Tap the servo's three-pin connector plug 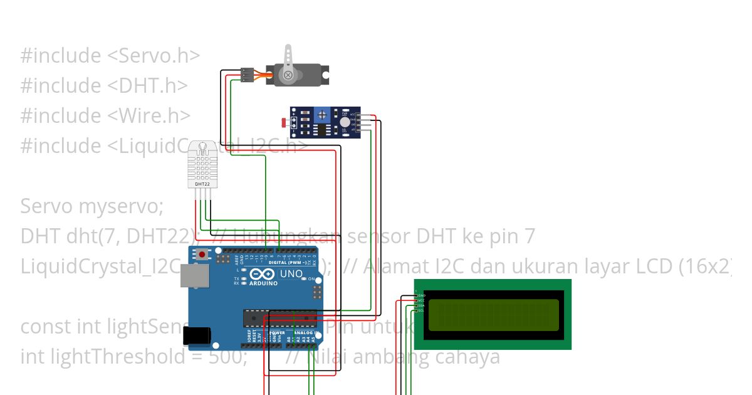[247, 75]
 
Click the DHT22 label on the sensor [202, 184]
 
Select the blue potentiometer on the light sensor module [322, 115]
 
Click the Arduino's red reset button [202, 255]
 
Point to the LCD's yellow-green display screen [492, 313]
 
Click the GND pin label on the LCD [422, 295]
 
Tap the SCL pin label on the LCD [422, 310]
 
